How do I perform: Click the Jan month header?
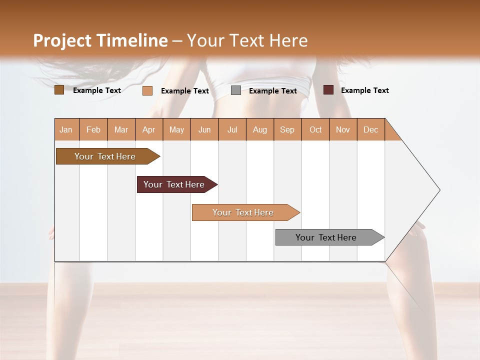pos(66,129)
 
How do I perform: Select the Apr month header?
pos(149,129)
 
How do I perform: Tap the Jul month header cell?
pos(232,129)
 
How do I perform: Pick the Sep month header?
pos(287,129)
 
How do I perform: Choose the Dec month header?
pos(370,129)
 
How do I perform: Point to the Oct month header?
pos(315,129)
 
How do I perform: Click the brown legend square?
pos(59,90)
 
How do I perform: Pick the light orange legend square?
pos(147,90)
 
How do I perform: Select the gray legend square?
pos(236,90)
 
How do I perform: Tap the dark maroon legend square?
pos(328,90)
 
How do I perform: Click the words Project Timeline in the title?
pos(100,40)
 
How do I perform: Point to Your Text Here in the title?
pos(247,40)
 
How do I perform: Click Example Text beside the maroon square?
pos(364,90)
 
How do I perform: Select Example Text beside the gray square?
pos(272,91)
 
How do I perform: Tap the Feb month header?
pos(93,129)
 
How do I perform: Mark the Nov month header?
pos(343,129)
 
